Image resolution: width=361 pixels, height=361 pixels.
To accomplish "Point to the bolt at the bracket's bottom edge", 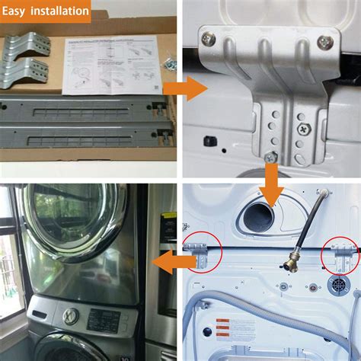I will click(x=270, y=158).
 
